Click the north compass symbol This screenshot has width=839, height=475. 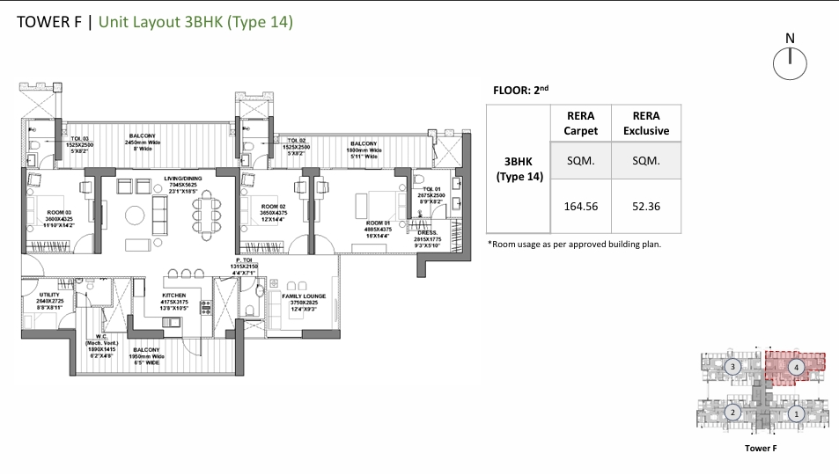coord(790,62)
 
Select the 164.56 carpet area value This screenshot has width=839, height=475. coord(580,207)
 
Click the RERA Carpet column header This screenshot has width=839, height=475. coord(580,123)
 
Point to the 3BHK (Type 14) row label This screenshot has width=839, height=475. coord(519,169)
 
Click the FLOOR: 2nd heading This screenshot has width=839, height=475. coord(523,90)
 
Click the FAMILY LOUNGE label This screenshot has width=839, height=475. coord(304,296)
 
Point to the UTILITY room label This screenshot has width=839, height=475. coord(49,295)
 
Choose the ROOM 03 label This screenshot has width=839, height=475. coord(42,211)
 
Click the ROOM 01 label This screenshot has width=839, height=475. coord(379,224)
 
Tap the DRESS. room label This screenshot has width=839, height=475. coord(428,232)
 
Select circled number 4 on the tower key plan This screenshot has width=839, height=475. coord(795,368)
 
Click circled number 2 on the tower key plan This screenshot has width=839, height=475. coord(732,413)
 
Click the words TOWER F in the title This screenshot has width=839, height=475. coord(48,22)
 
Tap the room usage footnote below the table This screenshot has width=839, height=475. coord(573,244)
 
